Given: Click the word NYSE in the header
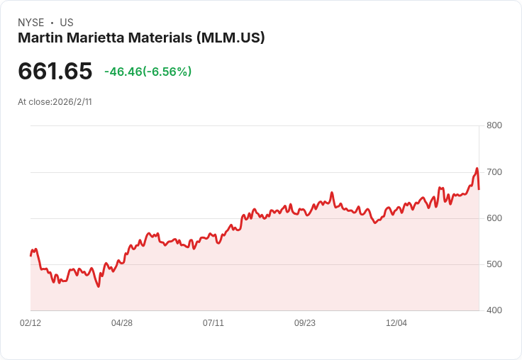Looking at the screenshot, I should click(31, 23).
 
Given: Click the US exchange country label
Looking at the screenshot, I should click(67, 23).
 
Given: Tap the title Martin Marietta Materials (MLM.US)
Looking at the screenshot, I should click(141, 38).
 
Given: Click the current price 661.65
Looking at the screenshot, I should click(55, 72).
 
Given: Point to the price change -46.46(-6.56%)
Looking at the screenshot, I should click(148, 72).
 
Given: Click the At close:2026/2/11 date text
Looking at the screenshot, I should click(55, 101).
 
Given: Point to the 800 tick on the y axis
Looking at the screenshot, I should click(494, 126).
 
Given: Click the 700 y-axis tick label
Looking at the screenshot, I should click(494, 172).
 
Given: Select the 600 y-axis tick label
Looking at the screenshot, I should click(494, 218).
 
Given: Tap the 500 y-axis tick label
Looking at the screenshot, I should click(494, 264).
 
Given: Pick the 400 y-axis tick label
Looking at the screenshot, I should click(494, 310).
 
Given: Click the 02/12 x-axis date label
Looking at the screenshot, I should click(30, 323).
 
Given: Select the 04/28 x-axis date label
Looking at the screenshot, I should click(122, 323).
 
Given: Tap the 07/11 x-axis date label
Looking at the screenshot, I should click(213, 323).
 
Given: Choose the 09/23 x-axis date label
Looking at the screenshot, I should click(305, 323).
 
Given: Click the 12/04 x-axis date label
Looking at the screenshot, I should click(396, 323).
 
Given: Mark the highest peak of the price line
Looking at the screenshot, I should click(477, 169).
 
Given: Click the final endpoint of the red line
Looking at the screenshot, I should click(479, 189).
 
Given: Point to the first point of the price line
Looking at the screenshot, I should click(30, 255).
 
